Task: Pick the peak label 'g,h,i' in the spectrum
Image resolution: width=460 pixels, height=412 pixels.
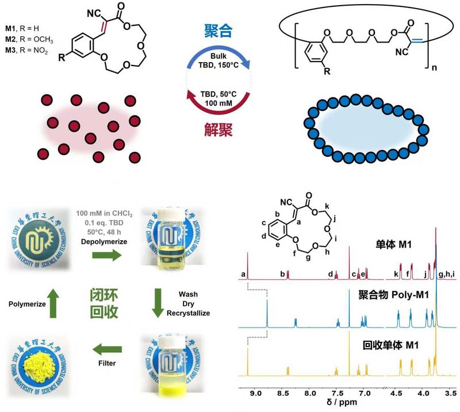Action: [447, 275]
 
